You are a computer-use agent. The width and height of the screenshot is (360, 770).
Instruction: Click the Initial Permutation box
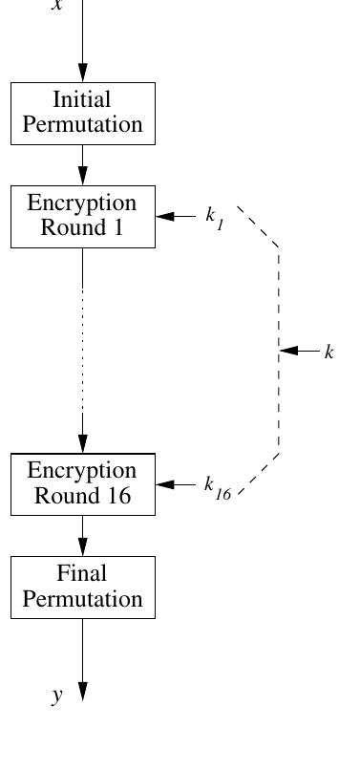click(82, 113)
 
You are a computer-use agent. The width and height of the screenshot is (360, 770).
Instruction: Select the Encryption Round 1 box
click(82, 216)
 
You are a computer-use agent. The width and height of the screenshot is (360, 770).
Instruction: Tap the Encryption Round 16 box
click(82, 483)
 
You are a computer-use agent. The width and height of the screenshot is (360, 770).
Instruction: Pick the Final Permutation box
click(82, 587)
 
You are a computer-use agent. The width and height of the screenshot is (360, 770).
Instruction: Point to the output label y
click(57, 695)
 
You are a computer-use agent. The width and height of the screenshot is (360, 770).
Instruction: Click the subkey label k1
click(214, 217)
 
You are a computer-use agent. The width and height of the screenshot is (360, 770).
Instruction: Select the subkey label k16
click(216, 486)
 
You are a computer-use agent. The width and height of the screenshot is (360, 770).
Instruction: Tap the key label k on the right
click(329, 353)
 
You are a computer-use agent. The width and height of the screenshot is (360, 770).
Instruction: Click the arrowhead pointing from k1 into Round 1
click(164, 216)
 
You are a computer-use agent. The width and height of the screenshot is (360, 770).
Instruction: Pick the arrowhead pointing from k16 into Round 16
click(164, 484)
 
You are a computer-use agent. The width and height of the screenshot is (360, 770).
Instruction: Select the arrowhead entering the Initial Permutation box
click(83, 73)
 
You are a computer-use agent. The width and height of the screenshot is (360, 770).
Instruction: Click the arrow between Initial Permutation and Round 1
click(83, 166)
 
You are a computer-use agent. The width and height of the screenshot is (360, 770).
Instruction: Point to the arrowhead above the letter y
click(83, 691)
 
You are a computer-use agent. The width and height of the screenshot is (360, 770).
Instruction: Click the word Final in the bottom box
click(82, 574)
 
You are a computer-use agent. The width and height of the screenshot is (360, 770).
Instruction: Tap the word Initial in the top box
click(82, 100)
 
